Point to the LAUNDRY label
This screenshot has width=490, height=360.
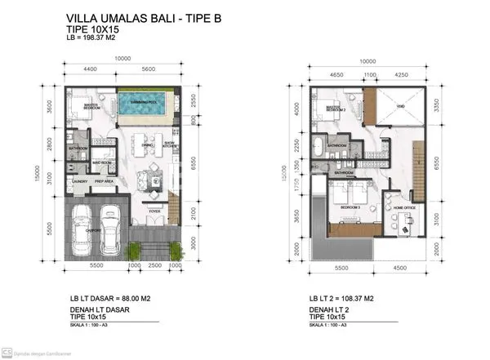(79, 181)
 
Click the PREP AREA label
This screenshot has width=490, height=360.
(105, 181)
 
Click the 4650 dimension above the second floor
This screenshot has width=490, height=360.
(333, 74)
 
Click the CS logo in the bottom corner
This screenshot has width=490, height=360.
(7, 353)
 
